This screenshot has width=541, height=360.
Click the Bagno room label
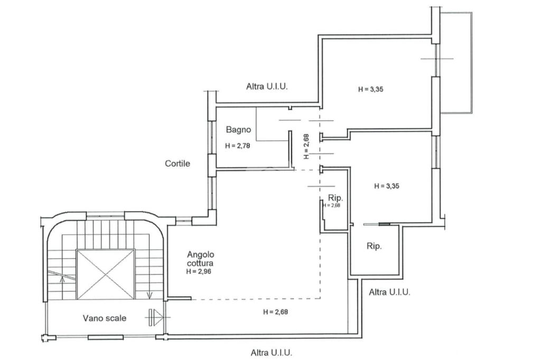pos(238,130)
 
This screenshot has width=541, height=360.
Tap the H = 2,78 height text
pos(237,146)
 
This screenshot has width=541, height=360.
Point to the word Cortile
pos(178,164)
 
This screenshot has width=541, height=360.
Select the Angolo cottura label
pos(200,259)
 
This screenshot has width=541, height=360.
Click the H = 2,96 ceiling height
pos(199,271)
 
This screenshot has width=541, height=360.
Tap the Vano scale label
pos(105,318)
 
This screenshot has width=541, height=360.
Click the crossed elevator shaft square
pos(105,274)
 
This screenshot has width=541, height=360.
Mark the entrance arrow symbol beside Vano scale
pos(156,317)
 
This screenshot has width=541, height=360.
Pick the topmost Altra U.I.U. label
pos(267,86)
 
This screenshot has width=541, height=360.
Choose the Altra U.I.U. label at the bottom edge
pos(272,353)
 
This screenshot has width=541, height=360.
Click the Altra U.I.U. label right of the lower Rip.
pos(389,292)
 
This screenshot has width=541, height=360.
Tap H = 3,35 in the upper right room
pos(370,89)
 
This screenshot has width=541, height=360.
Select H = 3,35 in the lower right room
pos(387,186)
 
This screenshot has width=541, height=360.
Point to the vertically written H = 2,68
pos(306,146)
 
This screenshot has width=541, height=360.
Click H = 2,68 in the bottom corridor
pos(275,312)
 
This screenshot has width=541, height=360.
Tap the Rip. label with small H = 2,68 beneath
pos(335,198)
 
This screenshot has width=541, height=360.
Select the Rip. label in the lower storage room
pos(374,246)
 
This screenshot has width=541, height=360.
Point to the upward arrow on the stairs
pos(62,279)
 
